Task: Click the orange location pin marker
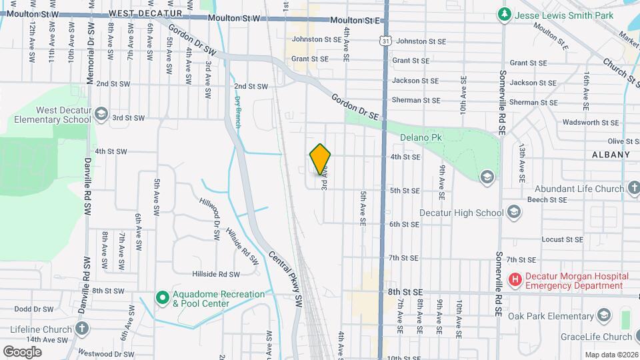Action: pos(321,159)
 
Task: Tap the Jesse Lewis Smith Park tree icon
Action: pos(505,13)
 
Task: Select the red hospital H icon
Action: pos(515,281)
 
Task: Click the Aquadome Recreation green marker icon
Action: pos(162,298)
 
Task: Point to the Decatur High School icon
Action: pos(514,213)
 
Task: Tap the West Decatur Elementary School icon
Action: pos(101,114)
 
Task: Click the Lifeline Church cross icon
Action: pos(82,329)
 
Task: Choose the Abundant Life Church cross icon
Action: pos(633,188)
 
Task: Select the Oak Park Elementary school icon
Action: pos(604,314)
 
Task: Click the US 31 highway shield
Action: pos(385,41)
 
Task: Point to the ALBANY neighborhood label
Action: pos(611,155)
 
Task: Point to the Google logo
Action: pos(23,351)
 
